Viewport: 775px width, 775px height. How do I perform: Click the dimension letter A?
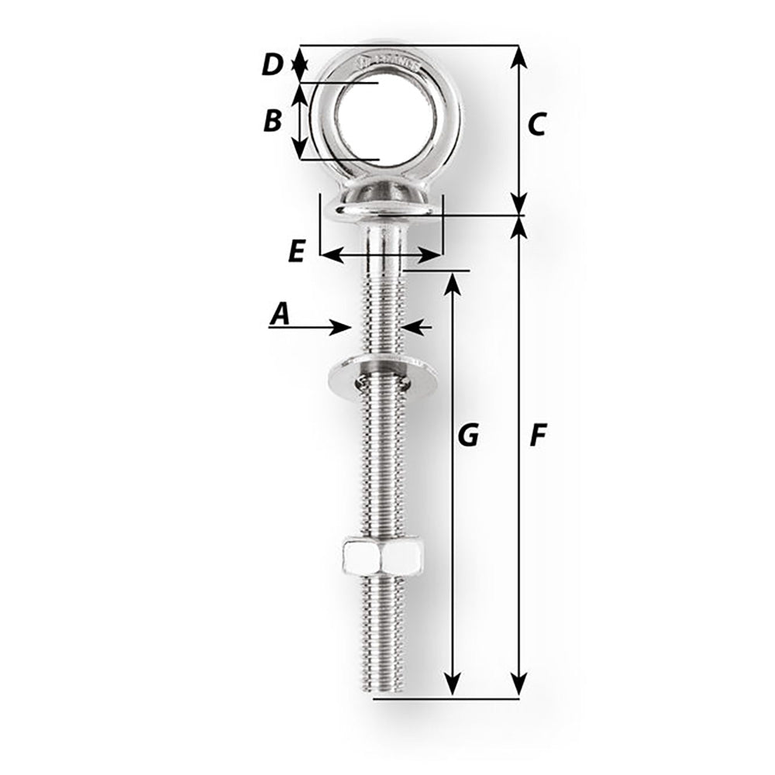point(280,314)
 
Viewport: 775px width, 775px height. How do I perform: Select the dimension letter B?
point(272,121)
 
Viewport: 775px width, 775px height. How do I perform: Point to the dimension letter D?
point(271,65)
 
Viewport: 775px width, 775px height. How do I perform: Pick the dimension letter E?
point(296,252)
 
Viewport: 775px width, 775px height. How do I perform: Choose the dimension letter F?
point(538,436)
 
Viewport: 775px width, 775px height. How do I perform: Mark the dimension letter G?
point(468,436)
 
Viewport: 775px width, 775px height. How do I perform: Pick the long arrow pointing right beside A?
point(310,328)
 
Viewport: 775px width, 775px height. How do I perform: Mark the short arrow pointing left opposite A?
point(415,328)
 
